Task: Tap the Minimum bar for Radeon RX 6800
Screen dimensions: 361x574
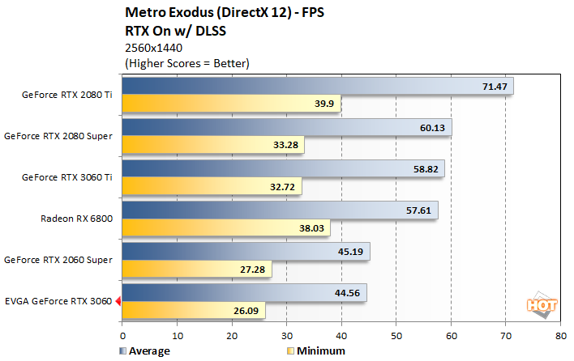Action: (219, 228)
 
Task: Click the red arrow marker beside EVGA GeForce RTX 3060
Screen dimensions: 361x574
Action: (118, 301)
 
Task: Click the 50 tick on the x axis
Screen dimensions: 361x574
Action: (396, 334)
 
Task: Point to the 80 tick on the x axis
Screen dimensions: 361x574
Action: (559, 334)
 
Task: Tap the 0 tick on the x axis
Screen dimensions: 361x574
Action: (122, 334)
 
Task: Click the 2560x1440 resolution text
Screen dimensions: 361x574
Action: (154, 48)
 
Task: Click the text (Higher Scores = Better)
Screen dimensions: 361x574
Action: (186, 62)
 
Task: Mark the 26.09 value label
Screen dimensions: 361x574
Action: (246, 311)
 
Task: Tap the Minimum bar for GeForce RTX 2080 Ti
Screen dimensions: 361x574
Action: (219, 104)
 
